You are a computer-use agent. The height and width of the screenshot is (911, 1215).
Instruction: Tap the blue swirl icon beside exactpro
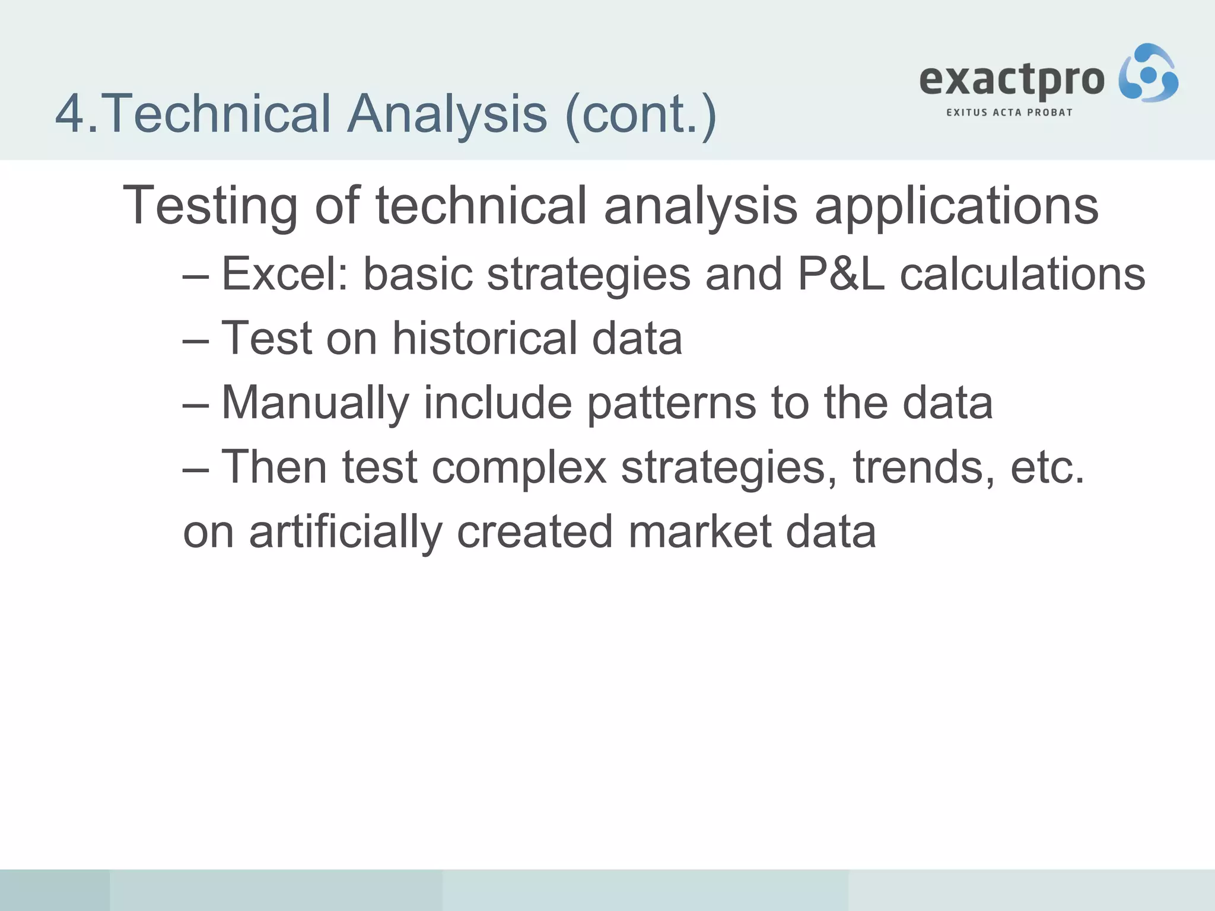pyautogui.click(x=1148, y=73)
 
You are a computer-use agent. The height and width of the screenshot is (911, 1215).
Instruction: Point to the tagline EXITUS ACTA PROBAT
pyautogui.click(x=1009, y=112)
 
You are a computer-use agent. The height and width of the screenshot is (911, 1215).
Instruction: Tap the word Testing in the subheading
pyautogui.click(x=210, y=205)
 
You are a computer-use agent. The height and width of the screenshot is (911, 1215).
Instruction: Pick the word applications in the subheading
pyautogui.click(x=956, y=205)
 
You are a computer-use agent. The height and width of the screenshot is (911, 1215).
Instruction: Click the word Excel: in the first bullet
pyautogui.click(x=285, y=274)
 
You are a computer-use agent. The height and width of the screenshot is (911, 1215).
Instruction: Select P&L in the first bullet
pyautogui.click(x=841, y=274)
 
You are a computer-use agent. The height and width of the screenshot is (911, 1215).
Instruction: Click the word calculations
pyautogui.click(x=1023, y=274)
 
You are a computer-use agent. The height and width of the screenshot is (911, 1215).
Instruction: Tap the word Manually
pyautogui.click(x=315, y=403)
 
